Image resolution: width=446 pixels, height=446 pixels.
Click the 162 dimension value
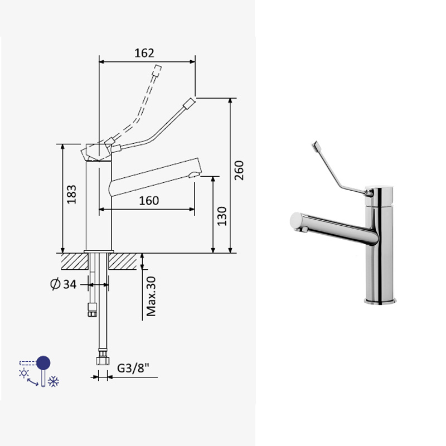tap(144, 53)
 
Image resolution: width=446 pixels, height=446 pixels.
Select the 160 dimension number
tap(149, 201)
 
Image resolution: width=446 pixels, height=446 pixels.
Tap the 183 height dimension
tap(72, 194)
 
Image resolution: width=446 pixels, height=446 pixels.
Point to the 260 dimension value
tap(239, 170)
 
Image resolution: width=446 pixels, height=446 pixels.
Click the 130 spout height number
tap(222, 216)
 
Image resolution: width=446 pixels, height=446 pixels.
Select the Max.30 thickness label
tap(151, 296)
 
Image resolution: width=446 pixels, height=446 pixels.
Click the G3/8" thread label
tap(133, 368)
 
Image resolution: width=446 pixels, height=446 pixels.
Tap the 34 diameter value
tap(70, 284)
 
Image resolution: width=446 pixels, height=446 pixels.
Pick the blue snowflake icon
tap(54, 381)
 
